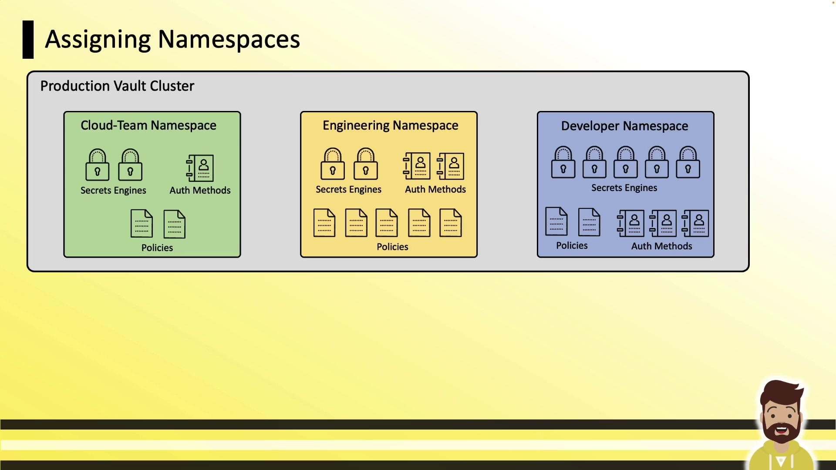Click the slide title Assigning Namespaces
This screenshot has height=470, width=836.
tap(172, 40)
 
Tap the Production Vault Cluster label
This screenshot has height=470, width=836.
tap(117, 86)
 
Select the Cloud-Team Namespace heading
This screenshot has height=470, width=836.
tap(148, 125)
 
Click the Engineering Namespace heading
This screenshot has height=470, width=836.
tap(391, 126)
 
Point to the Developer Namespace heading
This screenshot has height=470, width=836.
tap(625, 126)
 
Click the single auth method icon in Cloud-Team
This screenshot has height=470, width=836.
tap(200, 168)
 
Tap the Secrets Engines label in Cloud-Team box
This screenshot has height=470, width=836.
tap(113, 191)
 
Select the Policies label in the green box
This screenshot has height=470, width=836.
tap(157, 248)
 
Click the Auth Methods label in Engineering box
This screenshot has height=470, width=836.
tap(435, 189)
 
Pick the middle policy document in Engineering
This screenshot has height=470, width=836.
tap(387, 223)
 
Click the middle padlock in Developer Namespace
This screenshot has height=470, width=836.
tap(626, 162)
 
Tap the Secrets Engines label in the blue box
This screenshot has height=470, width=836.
tap(624, 188)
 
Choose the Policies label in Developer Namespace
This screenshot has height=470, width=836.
tap(572, 245)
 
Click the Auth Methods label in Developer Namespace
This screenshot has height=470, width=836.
tap(662, 246)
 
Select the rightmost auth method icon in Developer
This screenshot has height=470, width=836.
tap(695, 223)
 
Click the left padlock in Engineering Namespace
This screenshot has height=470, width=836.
tap(333, 164)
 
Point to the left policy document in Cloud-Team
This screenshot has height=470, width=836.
tap(142, 224)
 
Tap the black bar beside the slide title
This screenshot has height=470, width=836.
tap(28, 40)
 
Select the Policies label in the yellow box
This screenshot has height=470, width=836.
tap(392, 247)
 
